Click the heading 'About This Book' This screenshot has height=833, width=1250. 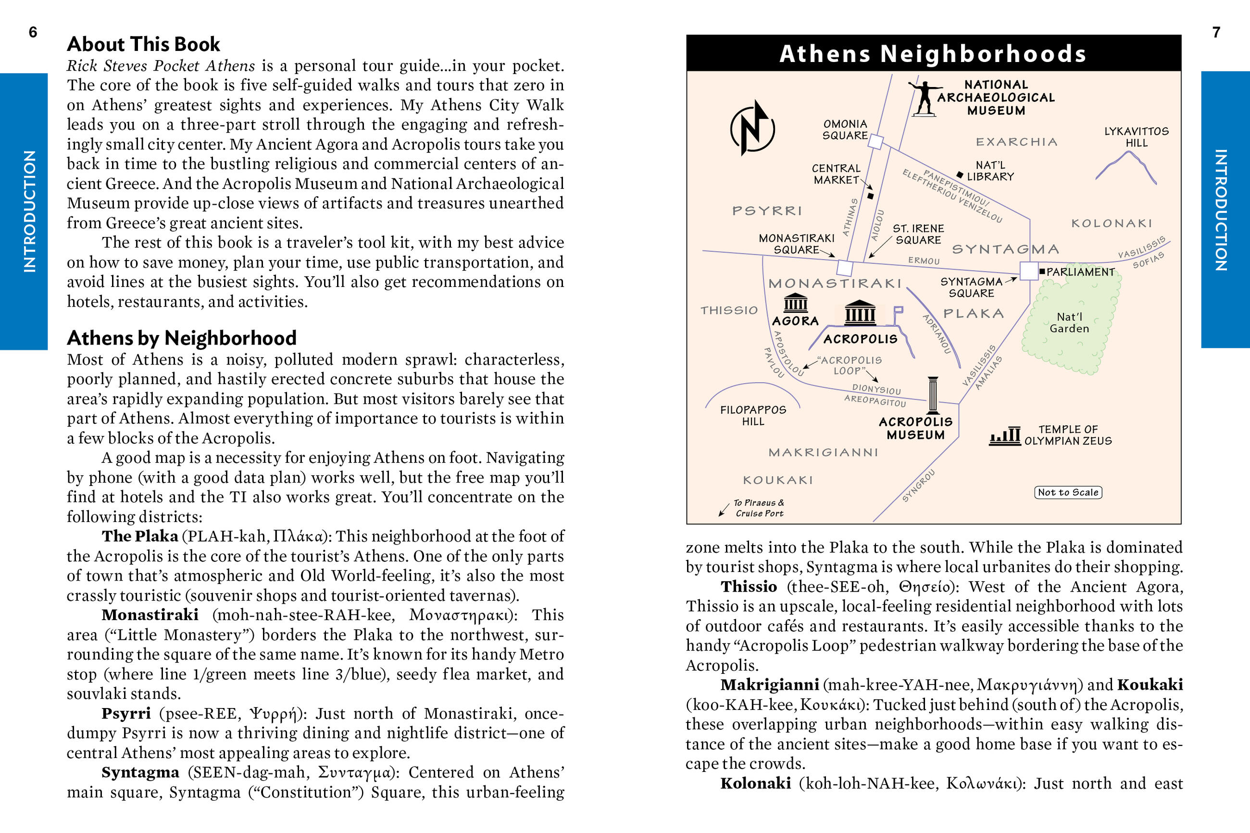(x=143, y=44)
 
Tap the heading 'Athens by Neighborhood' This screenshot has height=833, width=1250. (x=182, y=338)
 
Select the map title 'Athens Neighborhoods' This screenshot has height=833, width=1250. (x=933, y=54)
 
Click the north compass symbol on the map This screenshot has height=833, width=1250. (x=752, y=128)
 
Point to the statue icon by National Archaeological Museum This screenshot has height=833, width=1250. (x=925, y=98)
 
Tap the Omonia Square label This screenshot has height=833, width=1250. (x=845, y=130)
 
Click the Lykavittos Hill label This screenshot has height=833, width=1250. (x=1137, y=137)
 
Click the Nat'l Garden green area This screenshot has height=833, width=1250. (x=1069, y=323)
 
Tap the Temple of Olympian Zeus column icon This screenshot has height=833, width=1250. (x=1005, y=435)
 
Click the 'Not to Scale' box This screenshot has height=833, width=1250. (x=1068, y=493)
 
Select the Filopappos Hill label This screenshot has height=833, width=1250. (x=753, y=415)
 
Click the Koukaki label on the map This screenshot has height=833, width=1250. (x=778, y=480)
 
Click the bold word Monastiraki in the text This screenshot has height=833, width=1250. (x=150, y=615)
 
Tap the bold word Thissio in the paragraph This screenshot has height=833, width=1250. (x=749, y=586)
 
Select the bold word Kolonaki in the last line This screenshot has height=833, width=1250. (x=755, y=783)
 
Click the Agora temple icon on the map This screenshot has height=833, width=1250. (x=795, y=303)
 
